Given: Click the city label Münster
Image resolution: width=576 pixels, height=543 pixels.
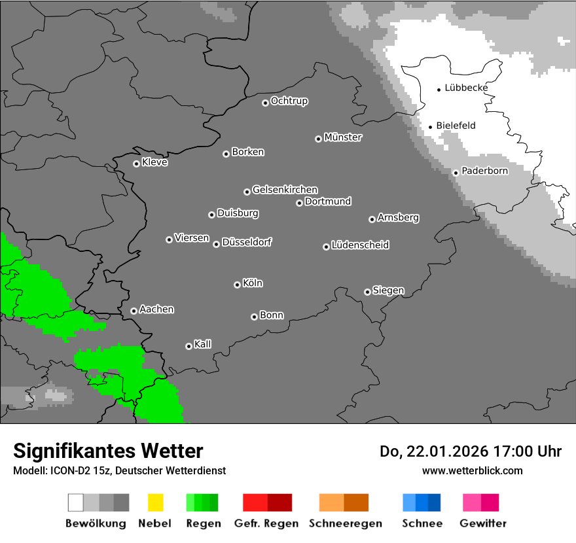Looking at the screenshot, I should tap(343, 137).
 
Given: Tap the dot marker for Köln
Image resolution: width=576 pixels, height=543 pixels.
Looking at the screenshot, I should tap(237, 285).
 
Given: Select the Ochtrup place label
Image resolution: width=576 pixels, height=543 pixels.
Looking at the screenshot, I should tap(289, 101).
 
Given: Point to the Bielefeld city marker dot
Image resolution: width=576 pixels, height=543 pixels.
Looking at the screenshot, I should tap(430, 127).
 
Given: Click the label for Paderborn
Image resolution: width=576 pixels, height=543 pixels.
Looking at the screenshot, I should tap(485, 171).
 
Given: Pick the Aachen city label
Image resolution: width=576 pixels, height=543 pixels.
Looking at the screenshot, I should tap(156, 309).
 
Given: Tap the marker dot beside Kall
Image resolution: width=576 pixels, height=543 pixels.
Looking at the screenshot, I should tap(189, 346).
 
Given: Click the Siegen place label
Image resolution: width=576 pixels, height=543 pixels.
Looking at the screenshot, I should tap(388, 290).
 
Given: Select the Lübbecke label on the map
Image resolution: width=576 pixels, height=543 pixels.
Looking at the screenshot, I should tap(466, 88).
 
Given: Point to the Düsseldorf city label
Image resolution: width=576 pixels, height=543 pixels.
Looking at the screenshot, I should tap(247, 242).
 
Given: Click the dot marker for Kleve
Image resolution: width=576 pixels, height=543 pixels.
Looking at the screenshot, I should tap(136, 164).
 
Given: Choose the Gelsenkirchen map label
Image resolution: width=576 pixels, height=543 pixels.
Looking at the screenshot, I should tap(285, 190).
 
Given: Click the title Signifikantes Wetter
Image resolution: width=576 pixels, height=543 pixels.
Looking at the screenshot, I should tap(108, 451).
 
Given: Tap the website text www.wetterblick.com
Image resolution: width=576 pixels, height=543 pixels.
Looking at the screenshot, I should tap(472, 470).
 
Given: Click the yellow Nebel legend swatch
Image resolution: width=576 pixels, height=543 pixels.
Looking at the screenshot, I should tap(155, 502).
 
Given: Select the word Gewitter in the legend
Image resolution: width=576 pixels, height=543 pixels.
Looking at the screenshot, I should tap(483, 523).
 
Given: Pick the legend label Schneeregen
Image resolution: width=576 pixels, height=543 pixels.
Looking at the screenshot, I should tap(345, 523).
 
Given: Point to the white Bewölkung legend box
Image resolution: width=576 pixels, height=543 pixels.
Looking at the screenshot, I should tap(76, 502).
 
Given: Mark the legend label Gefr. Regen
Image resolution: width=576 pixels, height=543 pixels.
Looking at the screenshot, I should tap(266, 523).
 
